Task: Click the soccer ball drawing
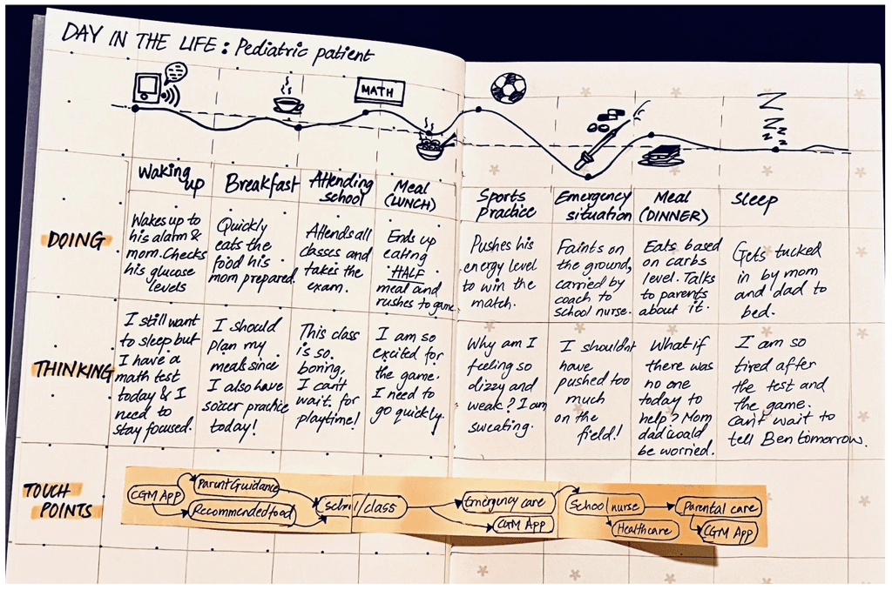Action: pos(508,88)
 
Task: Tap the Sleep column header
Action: pos(754,202)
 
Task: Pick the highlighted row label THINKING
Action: pos(73,370)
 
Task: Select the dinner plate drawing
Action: pos(662,155)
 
